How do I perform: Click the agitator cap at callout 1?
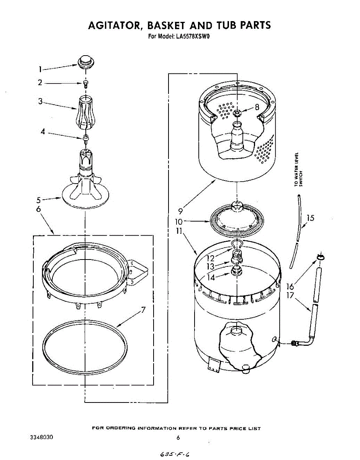click(x=86, y=62)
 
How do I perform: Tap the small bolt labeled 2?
click(x=85, y=84)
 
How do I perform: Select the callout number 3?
click(x=40, y=102)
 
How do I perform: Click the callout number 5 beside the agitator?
click(x=39, y=200)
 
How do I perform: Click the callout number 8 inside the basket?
click(x=257, y=107)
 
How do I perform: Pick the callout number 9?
click(x=180, y=210)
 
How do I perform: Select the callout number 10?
click(x=179, y=222)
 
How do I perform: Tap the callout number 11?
click(x=179, y=232)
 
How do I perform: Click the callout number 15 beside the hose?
click(x=310, y=218)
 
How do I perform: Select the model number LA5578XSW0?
click(x=193, y=37)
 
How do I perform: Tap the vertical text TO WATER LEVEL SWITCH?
click(x=298, y=169)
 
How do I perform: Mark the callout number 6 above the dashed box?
click(x=38, y=209)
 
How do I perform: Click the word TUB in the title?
click(x=227, y=25)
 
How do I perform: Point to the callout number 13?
click(x=210, y=266)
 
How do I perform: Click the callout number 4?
click(x=43, y=131)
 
